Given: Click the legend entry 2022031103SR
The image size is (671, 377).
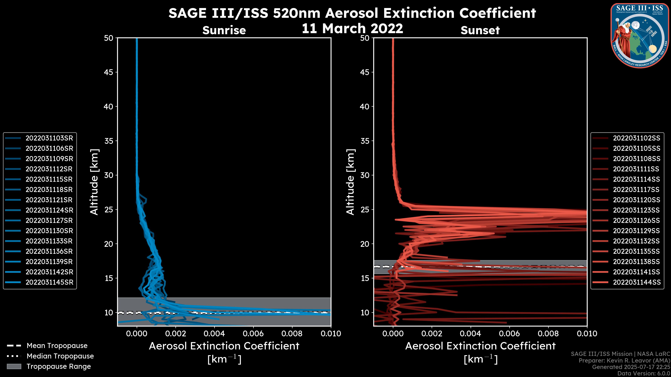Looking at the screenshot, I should (49, 138).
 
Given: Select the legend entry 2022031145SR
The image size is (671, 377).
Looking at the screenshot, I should (49, 282).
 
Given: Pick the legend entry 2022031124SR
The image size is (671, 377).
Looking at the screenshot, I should (49, 210).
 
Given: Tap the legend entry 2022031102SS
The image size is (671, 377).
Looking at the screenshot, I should (636, 138).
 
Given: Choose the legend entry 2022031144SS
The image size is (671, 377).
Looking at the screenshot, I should (636, 282).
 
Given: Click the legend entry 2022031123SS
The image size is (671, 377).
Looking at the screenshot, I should (636, 210).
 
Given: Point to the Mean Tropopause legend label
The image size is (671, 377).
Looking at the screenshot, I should (57, 346).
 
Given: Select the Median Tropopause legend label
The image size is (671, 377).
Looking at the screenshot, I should (60, 356).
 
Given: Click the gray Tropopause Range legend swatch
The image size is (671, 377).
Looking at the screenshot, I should (14, 367).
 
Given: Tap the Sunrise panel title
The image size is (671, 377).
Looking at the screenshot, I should (224, 30).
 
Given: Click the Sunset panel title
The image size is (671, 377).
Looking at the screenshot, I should (480, 30).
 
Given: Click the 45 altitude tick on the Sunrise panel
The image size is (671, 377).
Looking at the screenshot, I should (108, 72).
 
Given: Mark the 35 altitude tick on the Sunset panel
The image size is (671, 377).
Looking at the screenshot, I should (365, 141).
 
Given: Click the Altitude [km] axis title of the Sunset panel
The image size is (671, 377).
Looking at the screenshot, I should (350, 182).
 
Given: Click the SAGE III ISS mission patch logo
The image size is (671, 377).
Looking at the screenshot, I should (640, 35).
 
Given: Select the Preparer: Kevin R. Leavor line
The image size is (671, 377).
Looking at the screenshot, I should (624, 361).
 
